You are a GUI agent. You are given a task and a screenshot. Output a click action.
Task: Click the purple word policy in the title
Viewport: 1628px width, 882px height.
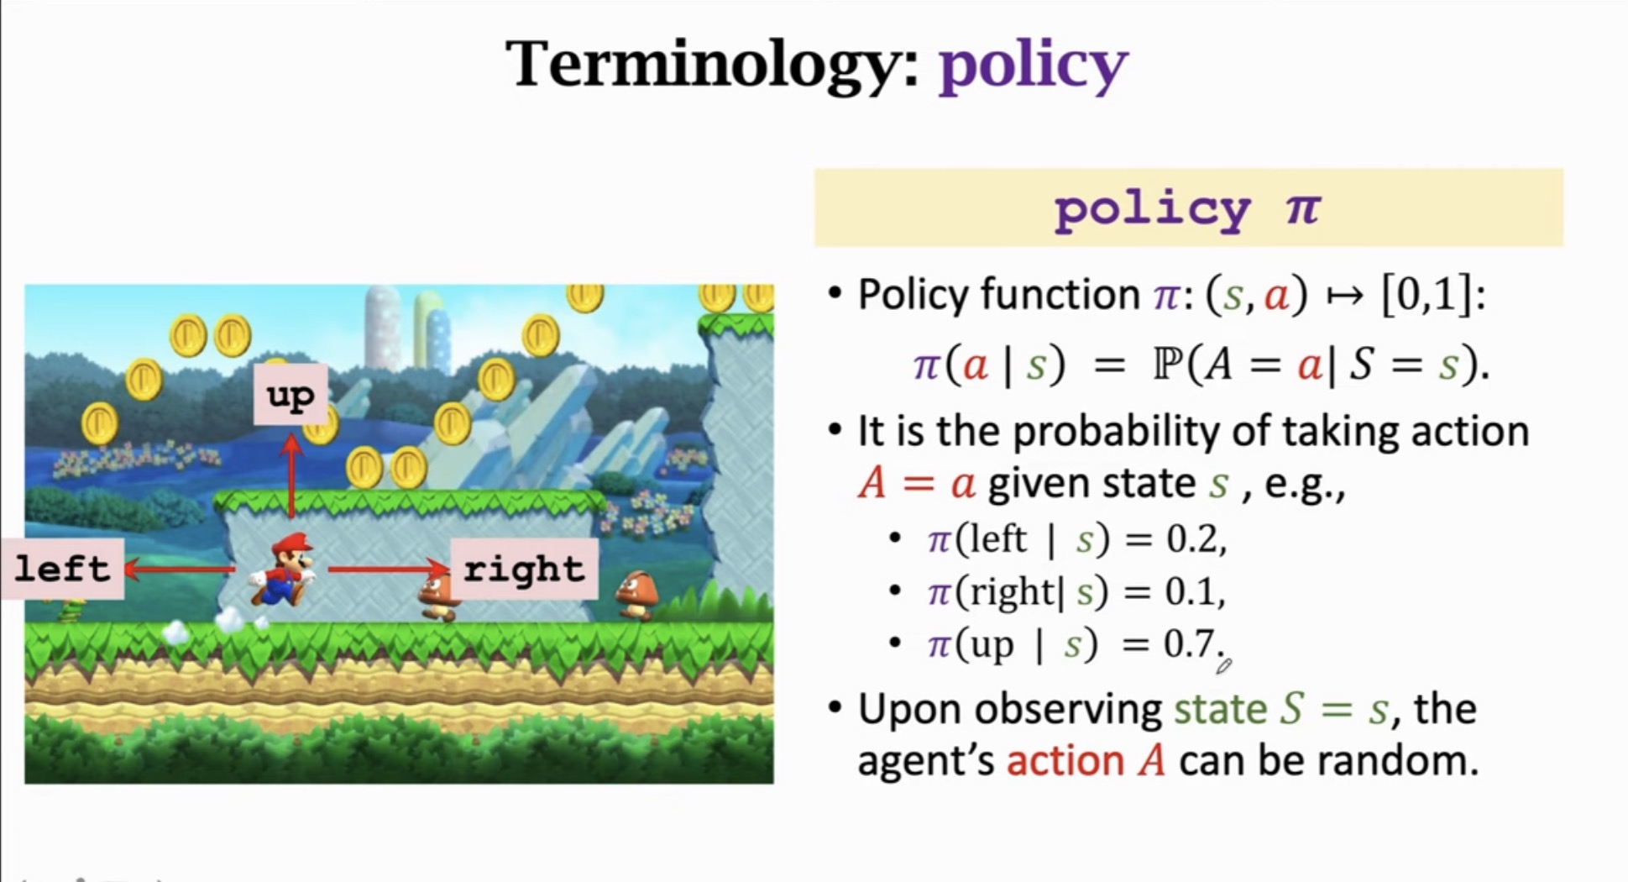coord(1033,66)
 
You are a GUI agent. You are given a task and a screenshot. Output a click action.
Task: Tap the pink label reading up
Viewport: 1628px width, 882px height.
coord(291,395)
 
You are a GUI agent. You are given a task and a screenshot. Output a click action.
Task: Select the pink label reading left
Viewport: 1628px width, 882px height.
coord(62,569)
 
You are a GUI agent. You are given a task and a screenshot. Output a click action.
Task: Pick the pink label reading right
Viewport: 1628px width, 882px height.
coord(524,569)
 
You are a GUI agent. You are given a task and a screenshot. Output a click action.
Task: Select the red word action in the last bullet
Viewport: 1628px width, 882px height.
coord(1065,761)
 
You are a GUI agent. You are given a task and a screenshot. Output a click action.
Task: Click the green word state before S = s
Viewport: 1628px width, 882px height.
coord(1219,709)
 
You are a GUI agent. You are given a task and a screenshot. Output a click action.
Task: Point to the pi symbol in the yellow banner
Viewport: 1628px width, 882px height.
coord(1302,207)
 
